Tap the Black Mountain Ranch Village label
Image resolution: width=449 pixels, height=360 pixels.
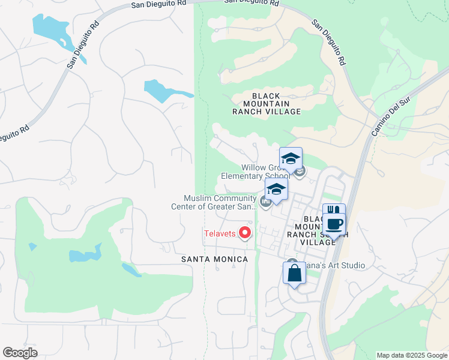pyautogui.click(x=267, y=104)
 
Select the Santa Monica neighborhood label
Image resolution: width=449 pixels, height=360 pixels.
pyautogui.click(x=215, y=259)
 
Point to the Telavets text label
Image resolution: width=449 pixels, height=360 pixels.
pyautogui.click(x=220, y=233)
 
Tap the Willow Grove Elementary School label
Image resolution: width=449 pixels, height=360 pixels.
pyautogui.click(x=264, y=172)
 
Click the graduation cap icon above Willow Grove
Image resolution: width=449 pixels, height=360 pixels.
pyautogui.click(x=291, y=159)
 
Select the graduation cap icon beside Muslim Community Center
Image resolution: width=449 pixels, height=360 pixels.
pyautogui.click(x=276, y=189)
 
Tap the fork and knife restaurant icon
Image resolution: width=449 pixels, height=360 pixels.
pyautogui.click(x=334, y=212)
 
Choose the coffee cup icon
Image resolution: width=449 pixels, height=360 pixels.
pyautogui.click(x=334, y=224)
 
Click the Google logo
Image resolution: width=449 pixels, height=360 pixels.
pyautogui.click(x=20, y=353)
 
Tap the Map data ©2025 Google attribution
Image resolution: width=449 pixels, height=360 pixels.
pyautogui.click(x=412, y=355)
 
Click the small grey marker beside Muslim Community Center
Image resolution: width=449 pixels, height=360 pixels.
pyautogui.click(x=265, y=201)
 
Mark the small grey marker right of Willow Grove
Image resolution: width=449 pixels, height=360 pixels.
pyautogui.click(x=300, y=172)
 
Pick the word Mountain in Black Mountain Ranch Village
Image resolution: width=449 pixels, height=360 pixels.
pyautogui.click(x=267, y=104)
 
